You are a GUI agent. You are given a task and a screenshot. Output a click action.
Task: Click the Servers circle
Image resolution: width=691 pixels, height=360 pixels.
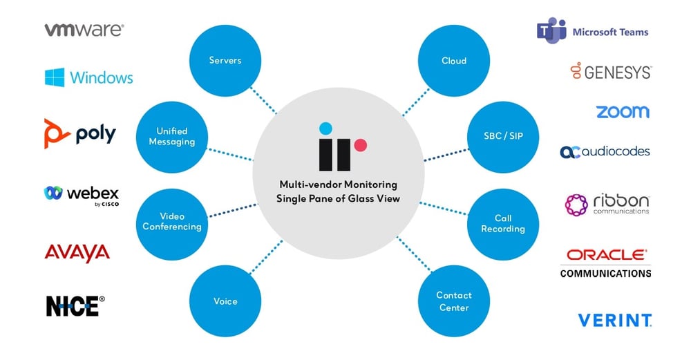tap(225, 61)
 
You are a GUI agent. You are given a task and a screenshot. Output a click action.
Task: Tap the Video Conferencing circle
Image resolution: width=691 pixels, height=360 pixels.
tap(172, 222)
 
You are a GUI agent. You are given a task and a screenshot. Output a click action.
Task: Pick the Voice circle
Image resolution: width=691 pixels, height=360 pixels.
tap(225, 301)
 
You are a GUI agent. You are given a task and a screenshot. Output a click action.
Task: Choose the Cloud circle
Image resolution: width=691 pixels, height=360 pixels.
tap(454, 61)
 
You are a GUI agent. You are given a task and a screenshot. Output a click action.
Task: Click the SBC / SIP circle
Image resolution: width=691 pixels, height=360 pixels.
tap(504, 136)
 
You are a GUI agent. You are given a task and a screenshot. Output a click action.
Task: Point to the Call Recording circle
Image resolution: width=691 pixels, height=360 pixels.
tap(503, 223)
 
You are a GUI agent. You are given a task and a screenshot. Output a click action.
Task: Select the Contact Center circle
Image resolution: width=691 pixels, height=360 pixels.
tap(454, 301)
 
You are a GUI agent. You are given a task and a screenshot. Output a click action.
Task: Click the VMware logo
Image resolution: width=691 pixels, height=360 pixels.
tap(84, 30)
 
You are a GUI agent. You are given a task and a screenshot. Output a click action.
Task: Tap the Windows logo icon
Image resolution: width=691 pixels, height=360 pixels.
tap(55, 77)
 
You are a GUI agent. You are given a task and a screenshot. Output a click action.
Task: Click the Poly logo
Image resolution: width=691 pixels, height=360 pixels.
tap(79, 132)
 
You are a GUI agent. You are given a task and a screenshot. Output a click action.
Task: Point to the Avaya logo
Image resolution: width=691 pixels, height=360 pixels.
tap(77, 252)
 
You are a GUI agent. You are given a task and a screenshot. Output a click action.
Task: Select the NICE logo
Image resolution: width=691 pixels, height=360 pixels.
tap(75, 305)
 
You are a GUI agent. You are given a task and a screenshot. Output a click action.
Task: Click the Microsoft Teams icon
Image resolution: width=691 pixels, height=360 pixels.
tap(551, 31)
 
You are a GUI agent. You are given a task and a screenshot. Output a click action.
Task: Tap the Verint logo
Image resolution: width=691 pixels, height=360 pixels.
tap(614, 320)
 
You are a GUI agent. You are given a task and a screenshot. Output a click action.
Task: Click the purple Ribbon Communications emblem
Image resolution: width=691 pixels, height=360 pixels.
tap(576, 205)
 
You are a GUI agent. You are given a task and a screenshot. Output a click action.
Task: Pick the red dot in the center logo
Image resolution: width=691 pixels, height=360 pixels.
tap(359, 144)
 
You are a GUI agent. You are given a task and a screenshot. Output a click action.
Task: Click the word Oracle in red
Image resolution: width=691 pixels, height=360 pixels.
tap(605, 255)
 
